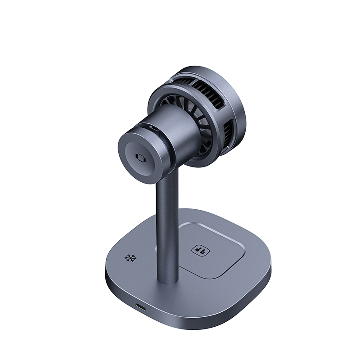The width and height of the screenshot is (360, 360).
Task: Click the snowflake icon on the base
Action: (130, 258)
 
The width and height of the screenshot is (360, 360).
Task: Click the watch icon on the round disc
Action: (141, 158)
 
